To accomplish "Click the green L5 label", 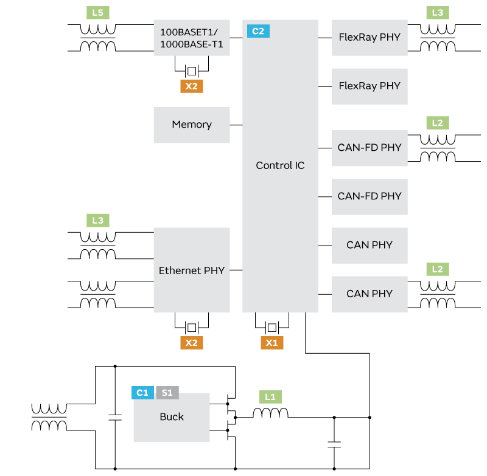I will point(97,13).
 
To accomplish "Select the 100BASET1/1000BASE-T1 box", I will point(192,38).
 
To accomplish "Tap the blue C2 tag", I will point(258,31).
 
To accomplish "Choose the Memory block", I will point(192,125).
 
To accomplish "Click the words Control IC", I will point(280,165).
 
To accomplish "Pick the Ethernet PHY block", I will point(192,271).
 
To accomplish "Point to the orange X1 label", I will point(272,343).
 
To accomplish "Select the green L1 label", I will point(271,397).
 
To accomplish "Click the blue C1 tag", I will point(142,393).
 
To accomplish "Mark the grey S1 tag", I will point(167,393).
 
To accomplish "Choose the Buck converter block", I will point(171,418).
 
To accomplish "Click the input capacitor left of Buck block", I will point(115,417).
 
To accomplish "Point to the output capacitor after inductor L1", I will point(334,444).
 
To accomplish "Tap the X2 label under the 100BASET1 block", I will point(191,86).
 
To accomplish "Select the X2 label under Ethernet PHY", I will point(191,343).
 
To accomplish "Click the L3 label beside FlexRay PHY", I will point(437,13).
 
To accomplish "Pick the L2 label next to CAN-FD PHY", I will point(437,123).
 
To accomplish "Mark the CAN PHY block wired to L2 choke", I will point(370,294).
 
